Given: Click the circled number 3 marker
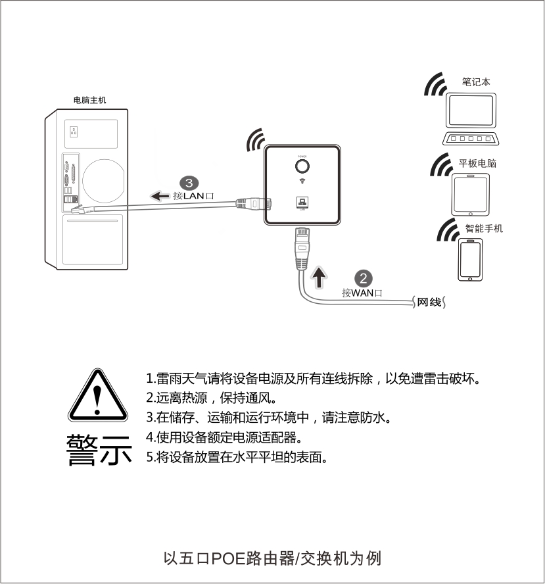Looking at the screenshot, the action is pos(189,183).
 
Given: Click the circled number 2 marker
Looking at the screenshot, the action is pos(364,279).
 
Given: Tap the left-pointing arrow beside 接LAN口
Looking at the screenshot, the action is pos(160,196).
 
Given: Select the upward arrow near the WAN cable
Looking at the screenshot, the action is pos(319,277).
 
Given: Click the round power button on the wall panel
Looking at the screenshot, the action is pos(302,166).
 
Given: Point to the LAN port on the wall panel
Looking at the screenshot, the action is pos(302,203).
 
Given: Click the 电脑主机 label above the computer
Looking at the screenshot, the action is pos(89,100).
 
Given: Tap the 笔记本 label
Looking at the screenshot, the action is pos(476,82).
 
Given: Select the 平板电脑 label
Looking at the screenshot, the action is pos(477,163).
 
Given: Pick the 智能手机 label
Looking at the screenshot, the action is pos(484,228).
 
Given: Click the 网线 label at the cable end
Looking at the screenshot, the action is pos(429,302).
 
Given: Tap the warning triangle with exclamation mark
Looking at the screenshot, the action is pos(98,395).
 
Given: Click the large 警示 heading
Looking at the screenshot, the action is pos(99,450).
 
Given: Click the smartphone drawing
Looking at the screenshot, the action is pos(470,260).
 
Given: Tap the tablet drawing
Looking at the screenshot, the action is pos(471,195).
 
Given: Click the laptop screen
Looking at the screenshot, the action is pos(471,110).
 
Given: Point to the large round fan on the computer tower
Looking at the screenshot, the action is pos(103,181).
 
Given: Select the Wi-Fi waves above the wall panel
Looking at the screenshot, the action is pos(255,139).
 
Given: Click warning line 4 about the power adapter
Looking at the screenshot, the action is pos(224,437).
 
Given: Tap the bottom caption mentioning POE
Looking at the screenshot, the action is pos(272,558).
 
